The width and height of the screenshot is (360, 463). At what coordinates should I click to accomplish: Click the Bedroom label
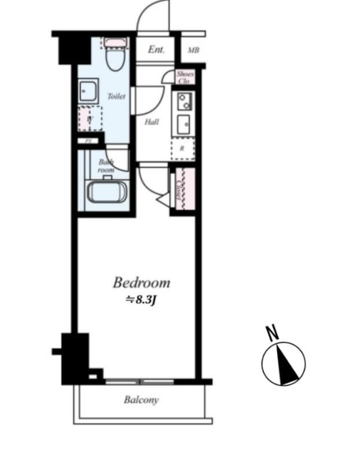141,283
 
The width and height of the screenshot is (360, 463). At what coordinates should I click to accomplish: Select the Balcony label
141,400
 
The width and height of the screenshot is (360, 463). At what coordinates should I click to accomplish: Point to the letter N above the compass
270,333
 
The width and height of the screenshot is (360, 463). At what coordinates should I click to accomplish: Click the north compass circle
283,364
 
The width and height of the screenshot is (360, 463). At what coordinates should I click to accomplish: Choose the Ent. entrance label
156,50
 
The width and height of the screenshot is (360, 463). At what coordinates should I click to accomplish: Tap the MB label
193,50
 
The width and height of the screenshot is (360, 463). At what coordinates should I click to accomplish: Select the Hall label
152,122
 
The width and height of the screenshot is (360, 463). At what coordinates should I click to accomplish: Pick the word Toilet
116,97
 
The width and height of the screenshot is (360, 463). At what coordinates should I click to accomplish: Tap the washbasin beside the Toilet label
89,91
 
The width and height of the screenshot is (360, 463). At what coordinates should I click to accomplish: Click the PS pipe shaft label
89,141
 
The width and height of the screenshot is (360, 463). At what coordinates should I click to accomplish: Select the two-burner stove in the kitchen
183,101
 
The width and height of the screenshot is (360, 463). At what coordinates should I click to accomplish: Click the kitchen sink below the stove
183,123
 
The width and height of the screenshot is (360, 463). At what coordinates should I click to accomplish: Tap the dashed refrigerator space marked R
183,148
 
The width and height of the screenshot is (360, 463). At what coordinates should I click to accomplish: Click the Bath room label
106,166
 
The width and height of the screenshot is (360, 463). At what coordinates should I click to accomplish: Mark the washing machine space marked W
90,119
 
